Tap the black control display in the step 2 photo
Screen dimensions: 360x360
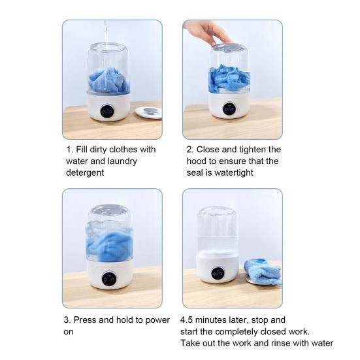point(229,110)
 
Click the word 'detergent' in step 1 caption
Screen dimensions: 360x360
point(85,173)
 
